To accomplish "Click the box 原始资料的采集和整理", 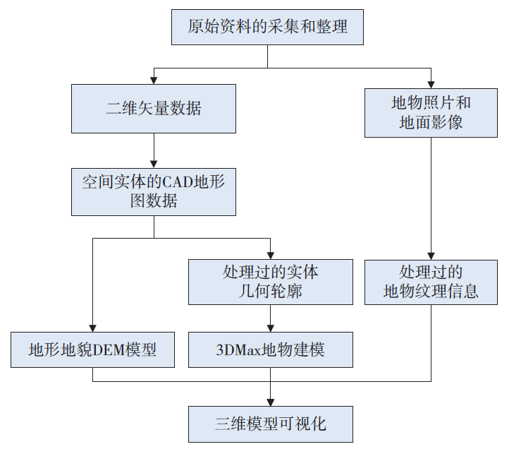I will coord(267,28).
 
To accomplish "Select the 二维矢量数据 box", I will coord(154,109).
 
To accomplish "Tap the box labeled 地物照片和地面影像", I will coord(431,112).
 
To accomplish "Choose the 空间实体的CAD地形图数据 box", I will coord(154,191).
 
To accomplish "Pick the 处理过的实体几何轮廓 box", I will coord(271,282).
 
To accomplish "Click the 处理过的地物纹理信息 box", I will coord(431,282).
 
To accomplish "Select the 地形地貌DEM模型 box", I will coord(92,349).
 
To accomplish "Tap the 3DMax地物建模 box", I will coord(271,349).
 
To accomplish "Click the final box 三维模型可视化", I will coord(271,424).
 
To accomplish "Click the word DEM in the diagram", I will coord(104,349).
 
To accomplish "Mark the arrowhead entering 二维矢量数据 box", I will coord(154,80).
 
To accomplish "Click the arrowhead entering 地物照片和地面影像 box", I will coord(431,83).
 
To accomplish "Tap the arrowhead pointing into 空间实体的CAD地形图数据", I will coord(154,162).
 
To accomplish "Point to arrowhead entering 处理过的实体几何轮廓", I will coord(271,255).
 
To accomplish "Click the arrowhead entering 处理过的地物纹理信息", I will coord(431,255).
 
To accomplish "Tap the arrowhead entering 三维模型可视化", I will coord(271,401).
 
